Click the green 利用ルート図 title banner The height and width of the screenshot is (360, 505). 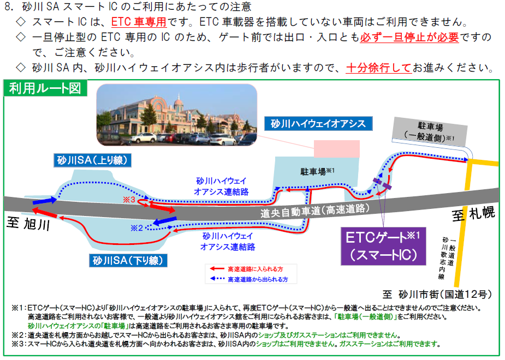45,88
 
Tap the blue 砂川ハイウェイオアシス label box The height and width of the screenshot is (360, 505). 318,123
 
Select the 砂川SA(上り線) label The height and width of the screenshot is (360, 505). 92,160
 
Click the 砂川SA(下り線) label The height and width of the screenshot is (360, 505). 128,260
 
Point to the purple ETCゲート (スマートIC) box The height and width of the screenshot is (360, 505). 383,246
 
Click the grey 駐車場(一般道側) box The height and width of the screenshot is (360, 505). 430,131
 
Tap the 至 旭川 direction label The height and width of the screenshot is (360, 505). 28,223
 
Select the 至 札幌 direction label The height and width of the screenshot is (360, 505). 473,214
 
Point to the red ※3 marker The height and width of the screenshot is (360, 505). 129,200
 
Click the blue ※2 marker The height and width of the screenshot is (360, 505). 136,228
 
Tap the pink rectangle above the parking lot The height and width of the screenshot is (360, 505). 336,148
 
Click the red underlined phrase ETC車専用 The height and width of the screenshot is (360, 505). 139,22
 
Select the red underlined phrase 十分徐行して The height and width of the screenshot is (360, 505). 379,68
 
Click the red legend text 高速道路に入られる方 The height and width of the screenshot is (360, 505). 256,269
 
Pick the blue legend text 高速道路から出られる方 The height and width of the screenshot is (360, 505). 258,280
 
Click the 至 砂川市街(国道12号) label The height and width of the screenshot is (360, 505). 437,294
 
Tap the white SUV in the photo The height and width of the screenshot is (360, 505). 144,137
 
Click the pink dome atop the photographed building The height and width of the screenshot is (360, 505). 179,103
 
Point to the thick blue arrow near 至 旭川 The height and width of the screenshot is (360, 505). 45,201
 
